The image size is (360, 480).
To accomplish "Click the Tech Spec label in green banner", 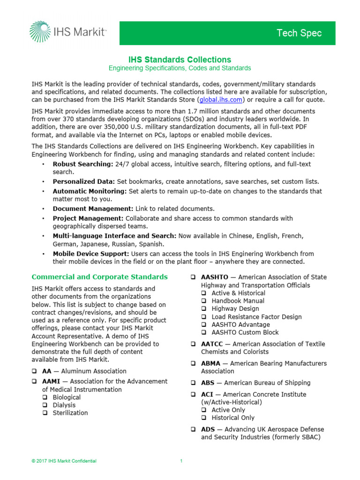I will (x=299, y=33).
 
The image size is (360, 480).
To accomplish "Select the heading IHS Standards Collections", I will (x=180, y=60).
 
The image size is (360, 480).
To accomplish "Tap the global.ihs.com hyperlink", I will (x=220, y=99).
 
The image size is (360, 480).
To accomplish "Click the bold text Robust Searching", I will (x=82, y=164).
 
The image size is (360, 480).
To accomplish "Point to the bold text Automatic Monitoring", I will (x=90, y=191).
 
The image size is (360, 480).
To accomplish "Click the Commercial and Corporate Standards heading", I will (x=99, y=277).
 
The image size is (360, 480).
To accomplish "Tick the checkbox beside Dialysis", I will (x=45, y=405).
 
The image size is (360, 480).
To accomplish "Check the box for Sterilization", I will (x=45, y=413).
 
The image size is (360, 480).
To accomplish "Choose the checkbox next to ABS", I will (x=193, y=383).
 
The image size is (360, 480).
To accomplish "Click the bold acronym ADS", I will (x=208, y=429).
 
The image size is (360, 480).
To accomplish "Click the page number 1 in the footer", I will (x=181, y=461).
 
